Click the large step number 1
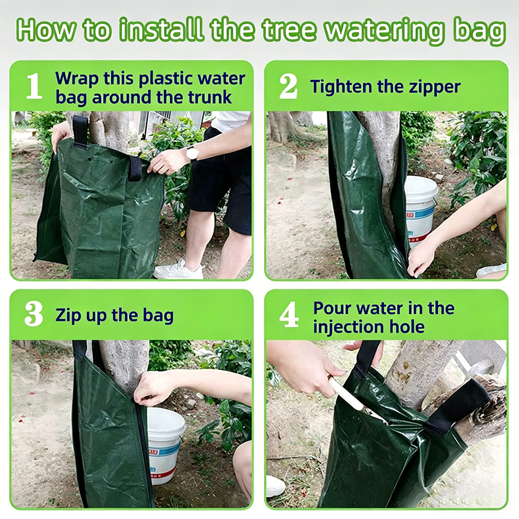34,86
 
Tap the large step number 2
288,86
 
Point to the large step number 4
289,315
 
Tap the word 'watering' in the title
386,31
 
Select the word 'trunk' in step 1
210,97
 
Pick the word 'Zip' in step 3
68,315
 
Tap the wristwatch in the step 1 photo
192,154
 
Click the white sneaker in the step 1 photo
179,269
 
